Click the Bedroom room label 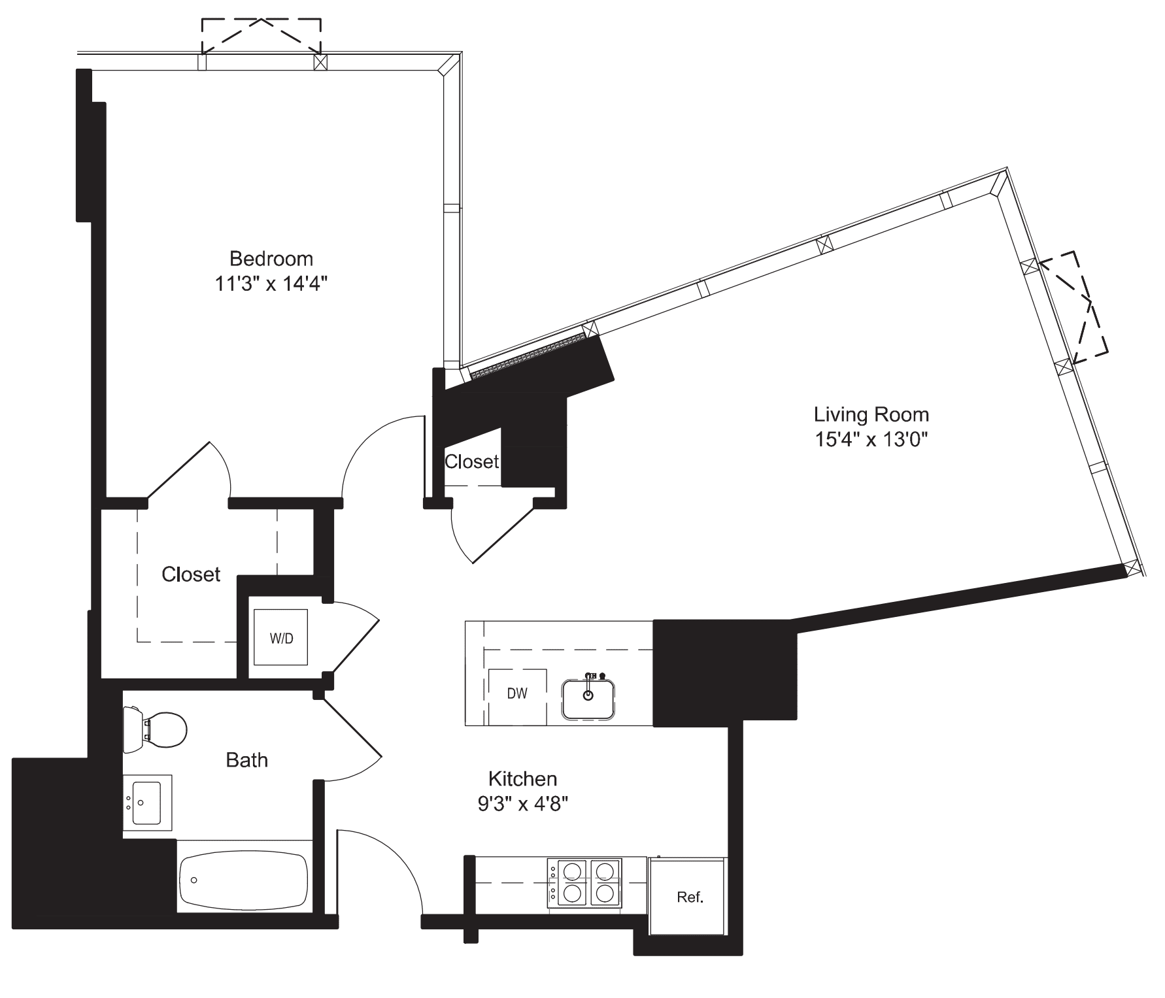[x=271, y=259]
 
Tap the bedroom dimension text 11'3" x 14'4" [x=271, y=284]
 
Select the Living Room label [x=871, y=414]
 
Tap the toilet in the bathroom [x=157, y=729]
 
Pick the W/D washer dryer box [x=281, y=638]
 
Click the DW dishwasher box [x=517, y=695]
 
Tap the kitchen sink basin [x=588, y=700]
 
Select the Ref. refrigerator [x=688, y=897]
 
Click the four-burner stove [x=584, y=882]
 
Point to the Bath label [x=246, y=760]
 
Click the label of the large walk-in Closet [x=191, y=574]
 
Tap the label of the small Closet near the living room [x=471, y=462]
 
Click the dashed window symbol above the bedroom [x=261, y=35]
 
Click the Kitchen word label [x=522, y=779]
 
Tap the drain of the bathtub [x=194, y=880]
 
